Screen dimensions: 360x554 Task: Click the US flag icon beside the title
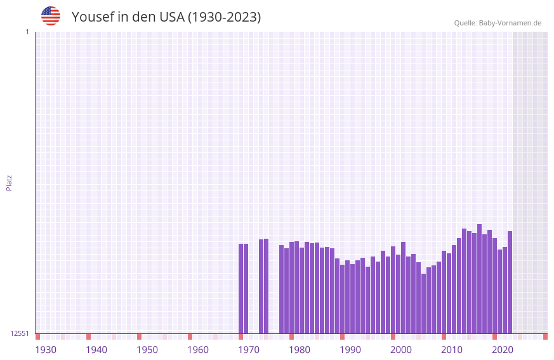click(51, 16)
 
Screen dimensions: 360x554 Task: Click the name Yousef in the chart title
click(93, 17)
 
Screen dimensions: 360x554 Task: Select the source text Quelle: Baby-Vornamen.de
click(498, 23)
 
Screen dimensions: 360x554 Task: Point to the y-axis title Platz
click(9, 182)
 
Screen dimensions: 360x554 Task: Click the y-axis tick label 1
click(27, 32)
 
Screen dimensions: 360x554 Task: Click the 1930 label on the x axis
click(46, 350)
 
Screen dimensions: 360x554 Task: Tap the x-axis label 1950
click(147, 350)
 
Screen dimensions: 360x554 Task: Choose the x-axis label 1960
click(198, 350)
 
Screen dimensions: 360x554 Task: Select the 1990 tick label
click(350, 350)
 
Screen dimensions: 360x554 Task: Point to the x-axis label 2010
click(452, 350)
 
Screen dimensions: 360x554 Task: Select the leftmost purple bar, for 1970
click(241, 288)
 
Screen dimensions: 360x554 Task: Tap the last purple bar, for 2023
click(510, 282)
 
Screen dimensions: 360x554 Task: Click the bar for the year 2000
click(393, 290)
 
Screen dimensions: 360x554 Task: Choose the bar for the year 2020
click(494, 286)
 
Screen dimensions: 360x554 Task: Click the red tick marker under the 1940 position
click(89, 337)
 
